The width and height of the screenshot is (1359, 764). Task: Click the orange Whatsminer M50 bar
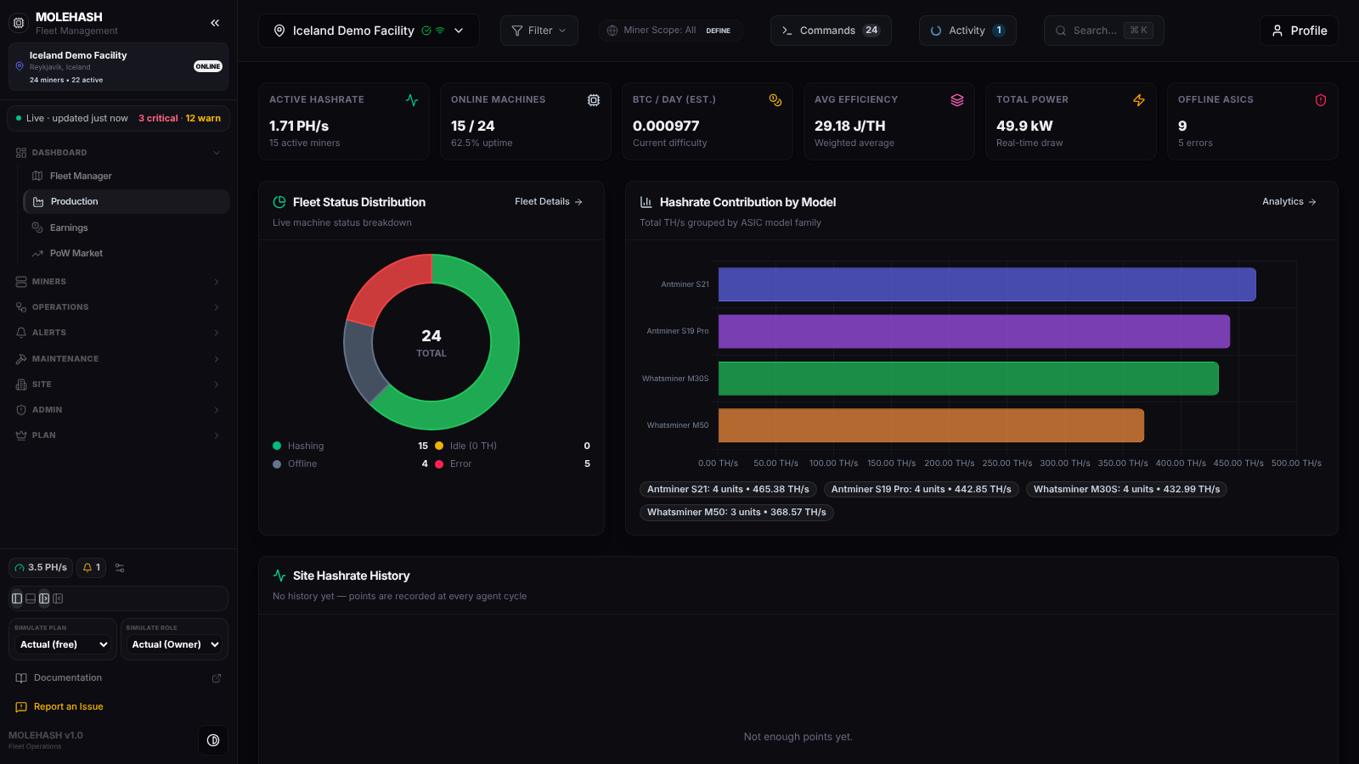(931, 425)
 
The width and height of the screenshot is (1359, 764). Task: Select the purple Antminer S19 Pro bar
(973, 331)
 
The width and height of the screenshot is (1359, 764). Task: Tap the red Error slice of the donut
(386, 284)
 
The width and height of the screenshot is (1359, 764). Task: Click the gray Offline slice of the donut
(362, 362)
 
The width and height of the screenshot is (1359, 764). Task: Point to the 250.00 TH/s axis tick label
(1007, 463)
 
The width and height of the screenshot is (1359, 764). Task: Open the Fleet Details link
(549, 202)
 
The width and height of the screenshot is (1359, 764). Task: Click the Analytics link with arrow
(1289, 202)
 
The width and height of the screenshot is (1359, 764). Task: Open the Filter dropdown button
(539, 31)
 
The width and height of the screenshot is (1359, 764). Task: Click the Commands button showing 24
(831, 31)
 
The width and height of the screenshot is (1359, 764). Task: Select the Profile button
(1299, 31)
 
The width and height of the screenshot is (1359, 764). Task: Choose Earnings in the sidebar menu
(69, 228)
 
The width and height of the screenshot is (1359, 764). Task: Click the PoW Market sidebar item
(76, 253)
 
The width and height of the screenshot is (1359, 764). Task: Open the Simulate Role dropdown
(175, 644)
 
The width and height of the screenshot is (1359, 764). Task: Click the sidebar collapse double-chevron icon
(215, 23)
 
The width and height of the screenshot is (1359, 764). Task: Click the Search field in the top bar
(1103, 31)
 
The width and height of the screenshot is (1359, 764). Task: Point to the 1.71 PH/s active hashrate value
(299, 126)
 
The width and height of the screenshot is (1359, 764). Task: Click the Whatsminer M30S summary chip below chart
(1126, 489)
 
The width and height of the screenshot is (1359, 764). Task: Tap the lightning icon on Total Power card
(1139, 100)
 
